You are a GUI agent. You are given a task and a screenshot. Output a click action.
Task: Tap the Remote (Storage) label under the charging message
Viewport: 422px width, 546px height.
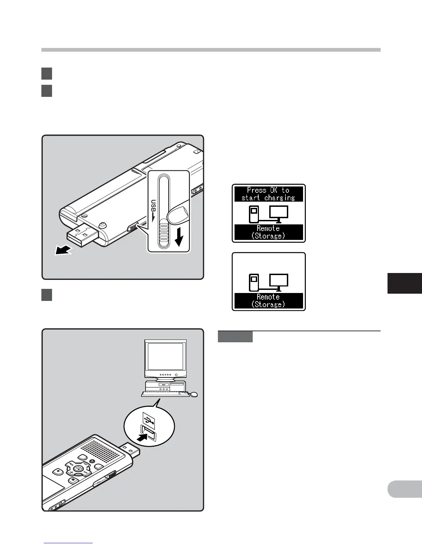point(269,232)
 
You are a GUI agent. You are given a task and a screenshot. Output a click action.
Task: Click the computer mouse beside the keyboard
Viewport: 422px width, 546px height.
point(194,395)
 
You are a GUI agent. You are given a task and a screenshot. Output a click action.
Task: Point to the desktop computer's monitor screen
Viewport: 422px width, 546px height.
point(165,356)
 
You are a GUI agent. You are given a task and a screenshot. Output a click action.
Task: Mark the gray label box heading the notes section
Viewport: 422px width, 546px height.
point(235,337)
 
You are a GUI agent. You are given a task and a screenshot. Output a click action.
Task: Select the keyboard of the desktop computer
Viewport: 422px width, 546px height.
point(165,394)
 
